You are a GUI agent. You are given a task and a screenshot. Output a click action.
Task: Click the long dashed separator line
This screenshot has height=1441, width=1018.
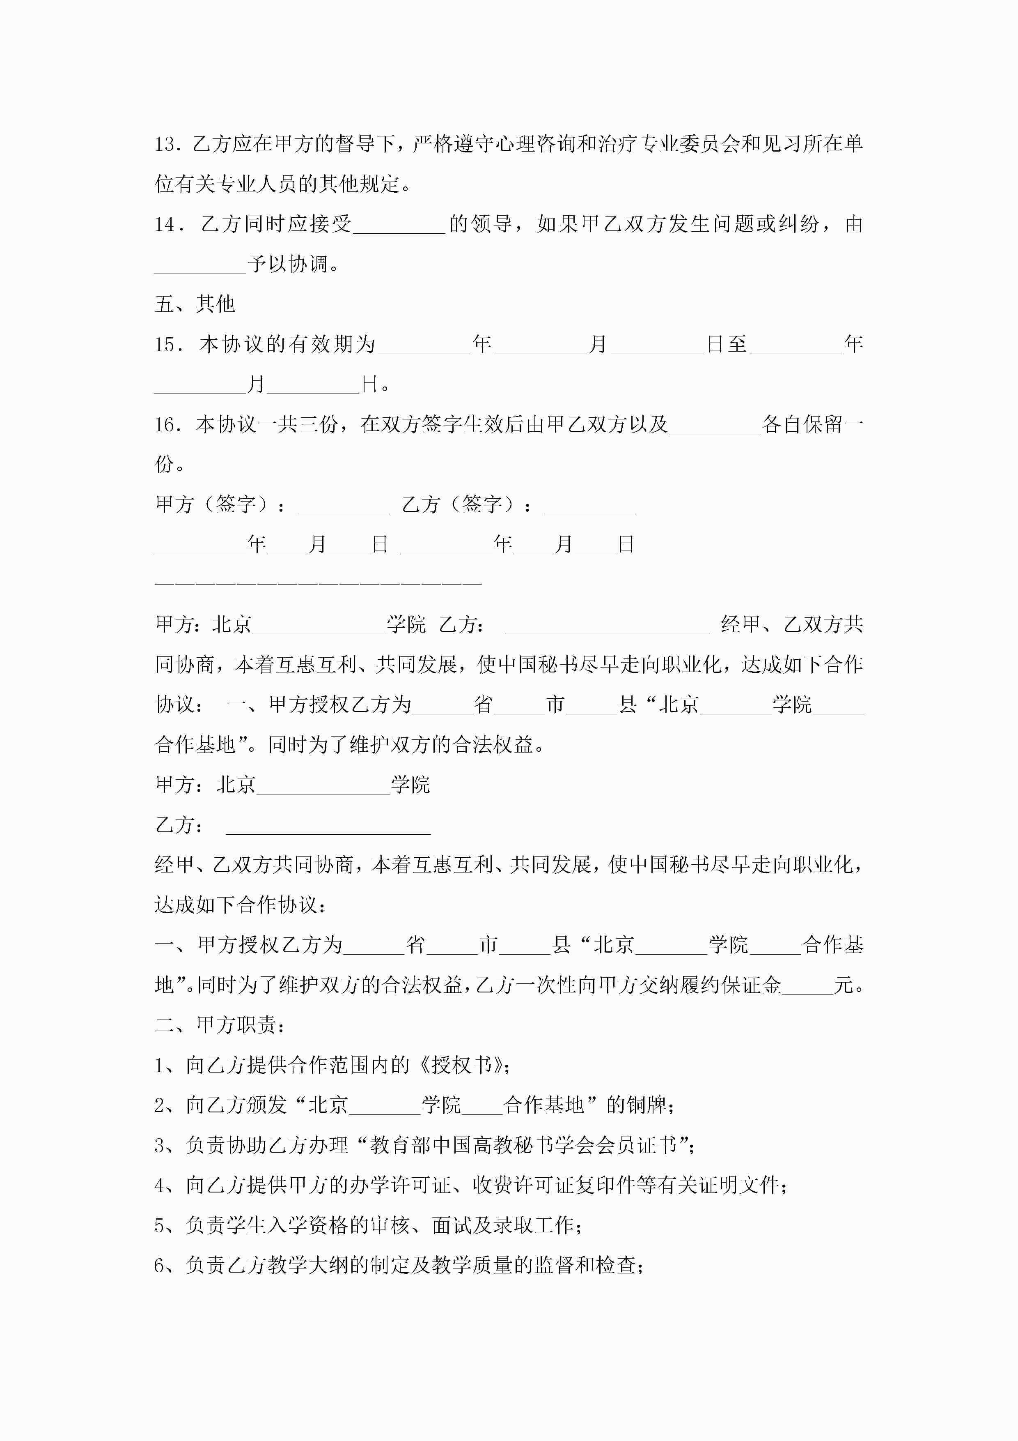click(x=318, y=584)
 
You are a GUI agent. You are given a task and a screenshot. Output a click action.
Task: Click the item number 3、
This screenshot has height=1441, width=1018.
click(x=167, y=1145)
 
